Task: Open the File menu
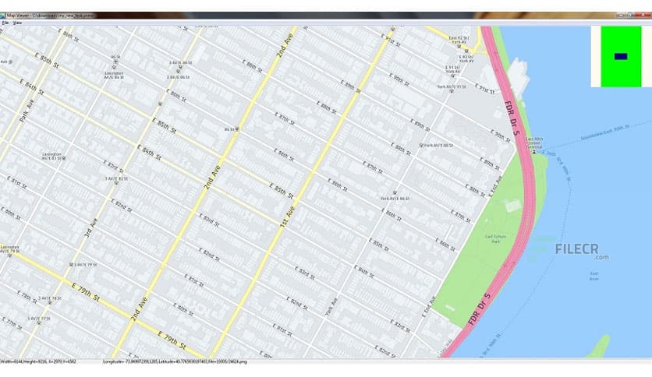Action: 5,23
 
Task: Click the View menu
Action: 17,23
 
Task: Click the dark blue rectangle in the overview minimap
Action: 620,56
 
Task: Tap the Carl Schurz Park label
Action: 496,238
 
